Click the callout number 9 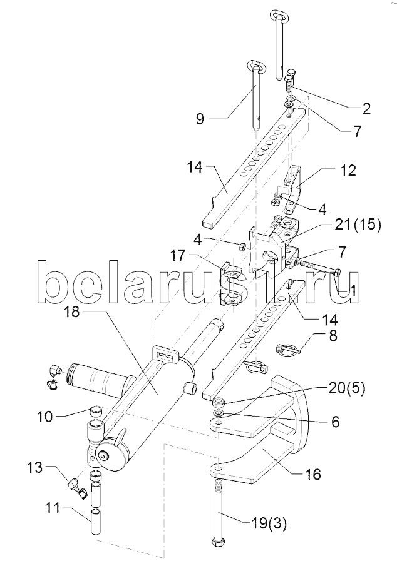(x=200, y=119)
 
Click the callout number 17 (x=178, y=255)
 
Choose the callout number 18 (x=71, y=312)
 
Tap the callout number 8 (x=333, y=336)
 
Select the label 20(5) (x=347, y=388)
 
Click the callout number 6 (x=334, y=422)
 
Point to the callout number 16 (x=313, y=475)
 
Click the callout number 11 (x=53, y=508)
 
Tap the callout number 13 (x=35, y=468)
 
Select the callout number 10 (x=45, y=417)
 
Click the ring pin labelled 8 (x=287, y=350)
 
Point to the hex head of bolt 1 (x=338, y=271)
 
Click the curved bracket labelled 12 (x=294, y=189)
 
